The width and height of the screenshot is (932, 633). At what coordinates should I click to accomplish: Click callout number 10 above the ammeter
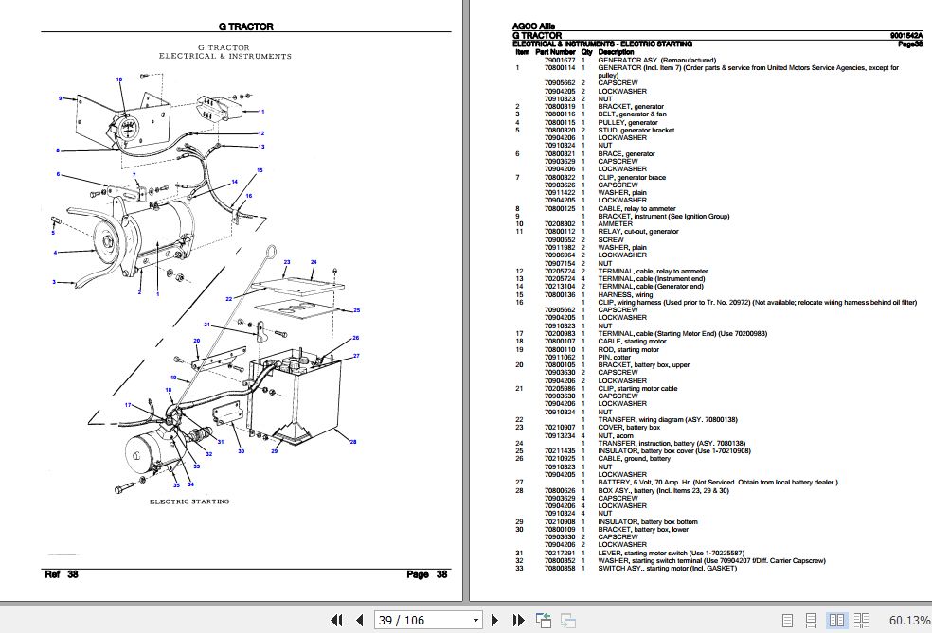[118, 79]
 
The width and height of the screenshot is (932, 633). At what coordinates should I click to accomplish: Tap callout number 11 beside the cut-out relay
[261, 111]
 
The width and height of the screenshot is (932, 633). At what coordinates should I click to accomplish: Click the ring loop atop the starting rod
[270, 253]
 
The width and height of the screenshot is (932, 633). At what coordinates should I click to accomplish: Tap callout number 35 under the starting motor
[176, 484]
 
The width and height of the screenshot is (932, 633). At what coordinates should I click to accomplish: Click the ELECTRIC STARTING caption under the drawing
[189, 501]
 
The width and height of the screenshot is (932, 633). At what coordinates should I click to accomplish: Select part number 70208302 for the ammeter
[560, 223]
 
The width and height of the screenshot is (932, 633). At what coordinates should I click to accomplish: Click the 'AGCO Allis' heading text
[534, 26]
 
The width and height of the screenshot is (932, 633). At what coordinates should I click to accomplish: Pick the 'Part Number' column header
[556, 51]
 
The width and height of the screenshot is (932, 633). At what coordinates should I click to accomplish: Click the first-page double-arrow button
[336, 621]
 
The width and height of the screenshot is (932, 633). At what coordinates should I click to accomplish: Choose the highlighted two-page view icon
[836, 621]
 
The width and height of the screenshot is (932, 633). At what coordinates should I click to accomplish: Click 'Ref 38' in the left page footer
[61, 574]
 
